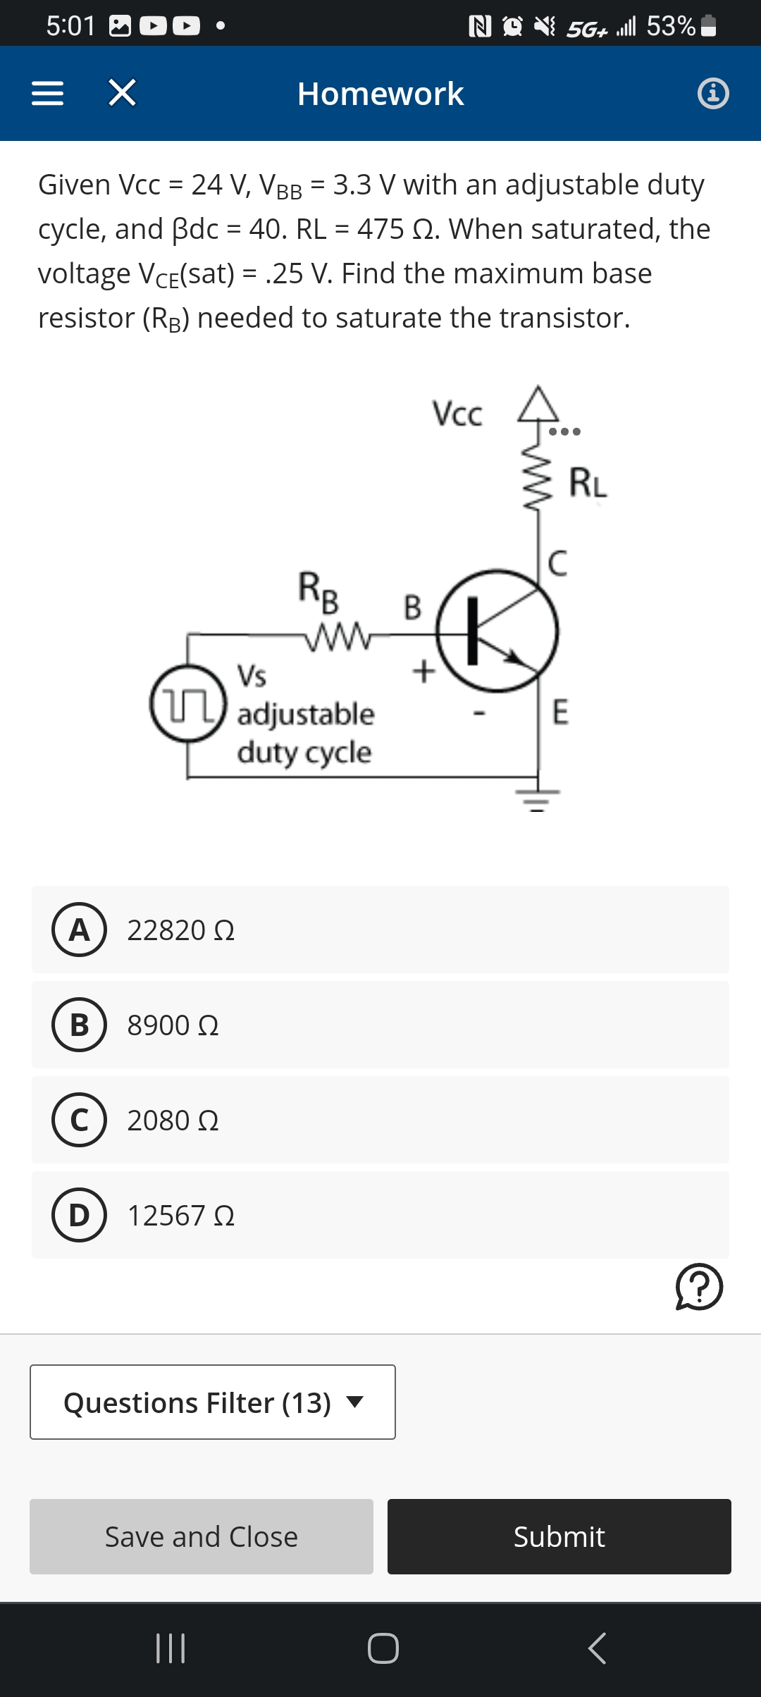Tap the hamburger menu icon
pyautogui.click(x=48, y=93)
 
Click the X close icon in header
pyautogui.click(x=122, y=93)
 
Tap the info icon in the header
pyautogui.click(x=713, y=93)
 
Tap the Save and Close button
pyautogui.click(x=202, y=1536)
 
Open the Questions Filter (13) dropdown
pyautogui.click(x=213, y=1402)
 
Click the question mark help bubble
pyautogui.click(x=699, y=1287)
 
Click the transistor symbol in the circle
pyautogui.click(x=497, y=631)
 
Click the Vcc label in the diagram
pyautogui.click(x=457, y=414)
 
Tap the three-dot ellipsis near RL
pyautogui.click(x=564, y=431)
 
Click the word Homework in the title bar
pyautogui.click(x=380, y=94)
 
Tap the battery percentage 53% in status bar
pyautogui.click(x=671, y=26)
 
